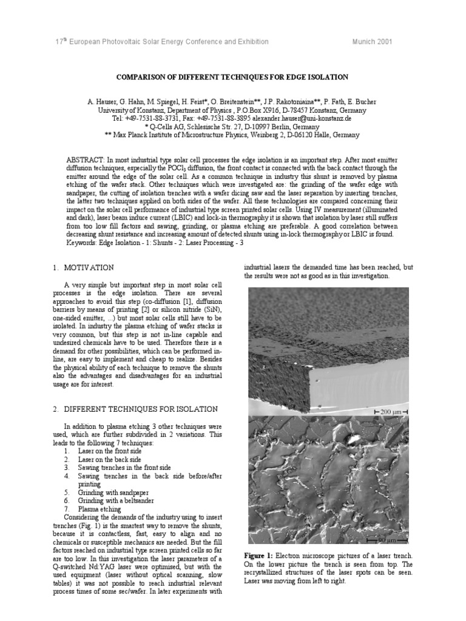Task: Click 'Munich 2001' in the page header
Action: [x=372, y=41]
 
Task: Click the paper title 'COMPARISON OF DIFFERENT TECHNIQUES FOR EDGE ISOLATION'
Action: [x=232, y=78]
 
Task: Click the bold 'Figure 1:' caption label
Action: [x=260, y=556]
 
